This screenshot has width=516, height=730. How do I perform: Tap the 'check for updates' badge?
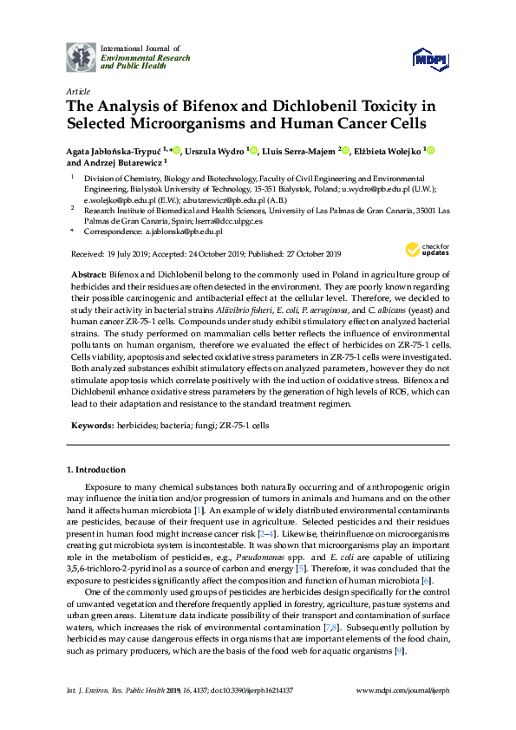pos(421,250)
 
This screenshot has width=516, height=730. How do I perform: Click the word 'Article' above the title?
pos(77,91)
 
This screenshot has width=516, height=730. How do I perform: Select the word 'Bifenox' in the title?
pos(200,107)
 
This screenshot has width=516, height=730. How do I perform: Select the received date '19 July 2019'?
pos(127,253)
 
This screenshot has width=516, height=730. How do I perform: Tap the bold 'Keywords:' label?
pos(91,427)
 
